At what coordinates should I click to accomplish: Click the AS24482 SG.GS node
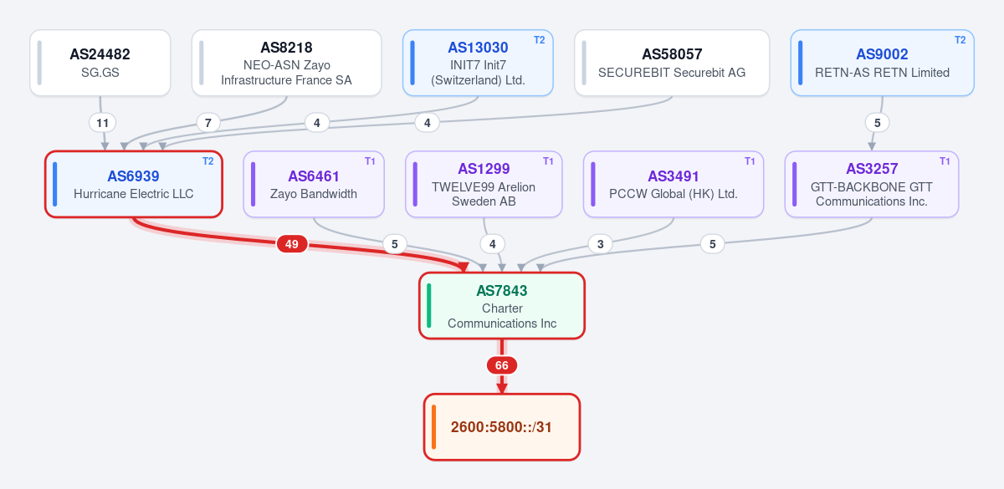(100, 63)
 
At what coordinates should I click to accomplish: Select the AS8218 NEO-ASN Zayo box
(286, 63)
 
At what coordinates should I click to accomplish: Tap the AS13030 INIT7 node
(478, 63)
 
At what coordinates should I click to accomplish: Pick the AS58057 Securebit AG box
(672, 63)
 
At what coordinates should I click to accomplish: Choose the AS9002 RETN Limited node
(882, 63)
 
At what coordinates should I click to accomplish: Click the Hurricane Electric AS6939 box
(134, 184)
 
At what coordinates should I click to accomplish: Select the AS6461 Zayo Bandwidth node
(314, 184)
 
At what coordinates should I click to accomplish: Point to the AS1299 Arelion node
(484, 184)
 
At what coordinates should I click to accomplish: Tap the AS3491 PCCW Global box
(674, 184)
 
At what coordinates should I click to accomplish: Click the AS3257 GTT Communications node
(872, 184)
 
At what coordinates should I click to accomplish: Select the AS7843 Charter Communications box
(502, 305)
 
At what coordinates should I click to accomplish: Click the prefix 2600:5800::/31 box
(502, 427)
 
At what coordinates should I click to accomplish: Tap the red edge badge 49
(292, 244)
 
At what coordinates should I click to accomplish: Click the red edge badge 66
(502, 365)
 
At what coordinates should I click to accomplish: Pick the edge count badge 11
(103, 123)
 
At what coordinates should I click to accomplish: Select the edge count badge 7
(208, 123)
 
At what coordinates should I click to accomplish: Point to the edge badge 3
(600, 244)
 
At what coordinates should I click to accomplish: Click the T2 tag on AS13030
(539, 40)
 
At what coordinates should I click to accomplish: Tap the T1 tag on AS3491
(750, 161)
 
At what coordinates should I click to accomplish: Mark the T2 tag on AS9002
(960, 40)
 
